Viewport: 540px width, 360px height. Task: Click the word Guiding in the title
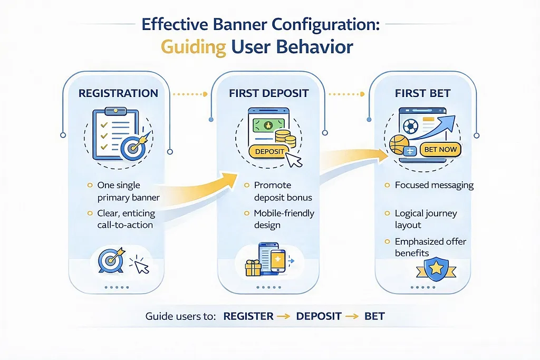[193, 46]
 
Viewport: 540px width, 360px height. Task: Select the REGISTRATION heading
[118, 93]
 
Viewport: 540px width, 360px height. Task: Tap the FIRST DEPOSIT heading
[269, 93]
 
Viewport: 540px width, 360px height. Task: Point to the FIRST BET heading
[422, 93]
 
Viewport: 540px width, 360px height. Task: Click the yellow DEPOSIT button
[269, 151]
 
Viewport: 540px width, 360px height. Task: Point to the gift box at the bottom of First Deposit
[254, 268]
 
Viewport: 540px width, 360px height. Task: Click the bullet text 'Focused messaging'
[434, 186]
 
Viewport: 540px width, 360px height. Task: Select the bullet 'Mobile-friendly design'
[284, 219]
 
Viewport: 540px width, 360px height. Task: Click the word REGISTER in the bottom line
[248, 317]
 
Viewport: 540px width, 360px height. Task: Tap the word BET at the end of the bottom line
[374, 317]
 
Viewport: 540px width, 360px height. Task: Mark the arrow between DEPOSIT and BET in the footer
[350, 317]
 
